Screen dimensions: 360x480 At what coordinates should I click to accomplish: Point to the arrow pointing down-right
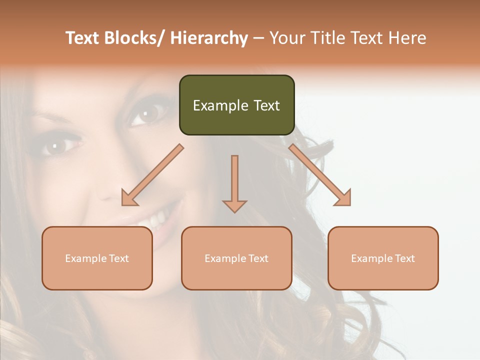[x=320, y=175]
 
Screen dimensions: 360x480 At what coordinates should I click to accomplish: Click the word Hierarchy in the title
[x=208, y=38]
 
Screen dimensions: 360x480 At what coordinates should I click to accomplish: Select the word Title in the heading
[x=327, y=38]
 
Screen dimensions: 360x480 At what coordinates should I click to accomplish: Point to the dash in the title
[x=258, y=38]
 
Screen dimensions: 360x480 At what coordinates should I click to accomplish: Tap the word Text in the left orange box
[x=119, y=258]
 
